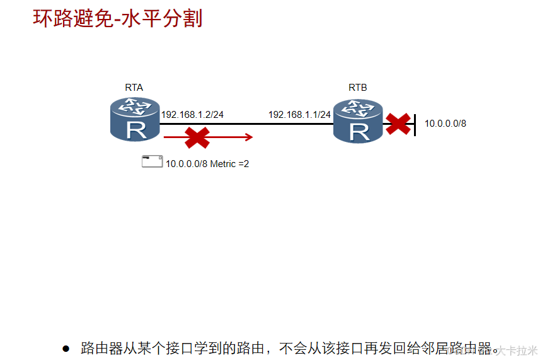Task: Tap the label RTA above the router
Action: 134,88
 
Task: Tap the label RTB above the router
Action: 358,88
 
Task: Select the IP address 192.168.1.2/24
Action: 192,115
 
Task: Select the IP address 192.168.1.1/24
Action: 299,115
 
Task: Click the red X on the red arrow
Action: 197,137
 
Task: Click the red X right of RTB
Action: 398,124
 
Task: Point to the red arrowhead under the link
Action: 249,137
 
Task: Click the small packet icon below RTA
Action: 152,162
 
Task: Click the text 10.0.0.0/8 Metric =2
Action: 207,164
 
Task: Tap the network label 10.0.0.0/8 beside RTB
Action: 445,124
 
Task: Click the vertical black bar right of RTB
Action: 415,124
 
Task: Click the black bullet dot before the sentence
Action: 66,349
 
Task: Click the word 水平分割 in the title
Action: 169,18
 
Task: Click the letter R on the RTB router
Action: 359,131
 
